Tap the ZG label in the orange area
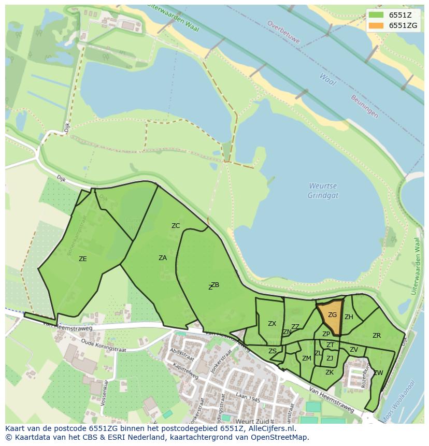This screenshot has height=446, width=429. [x=332, y=315]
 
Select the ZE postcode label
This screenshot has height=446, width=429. [x=82, y=259]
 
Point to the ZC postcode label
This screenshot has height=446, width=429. [x=176, y=226]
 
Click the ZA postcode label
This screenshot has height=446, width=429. [x=163, y=258]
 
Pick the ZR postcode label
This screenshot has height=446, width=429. [x=377, y=336]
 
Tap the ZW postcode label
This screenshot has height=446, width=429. [x=378, y=373]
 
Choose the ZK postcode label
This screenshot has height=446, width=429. [x=330, y=372]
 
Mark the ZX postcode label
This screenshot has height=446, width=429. [x=272, y=324]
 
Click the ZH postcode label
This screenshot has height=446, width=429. [x=349, y=317]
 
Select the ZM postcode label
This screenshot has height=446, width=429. [x=307, y=358]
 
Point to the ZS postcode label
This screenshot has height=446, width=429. [x=273, y=351]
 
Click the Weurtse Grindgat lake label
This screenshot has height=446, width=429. [x=323, y=191]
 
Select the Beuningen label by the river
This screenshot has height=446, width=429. [x=365, y=106]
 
